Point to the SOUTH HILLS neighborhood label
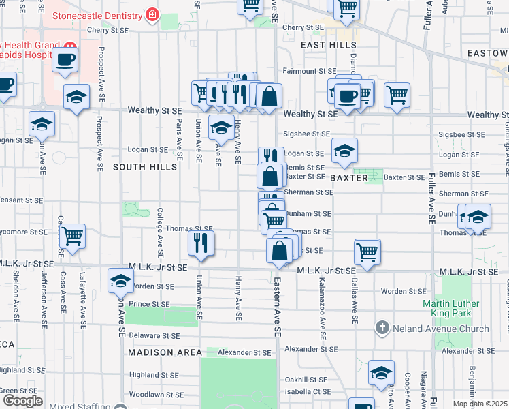(139, 167)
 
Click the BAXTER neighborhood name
(349, 178)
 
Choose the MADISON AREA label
(165, 352)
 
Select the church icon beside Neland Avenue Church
(382, 329)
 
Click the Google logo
(22, 401)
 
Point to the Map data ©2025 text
(480, 404)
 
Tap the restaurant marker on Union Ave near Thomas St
(201, 243)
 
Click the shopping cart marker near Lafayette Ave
(71, 236)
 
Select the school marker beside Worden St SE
(120, 279)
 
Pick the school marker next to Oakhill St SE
(381, 372)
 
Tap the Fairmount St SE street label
(310, 71)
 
